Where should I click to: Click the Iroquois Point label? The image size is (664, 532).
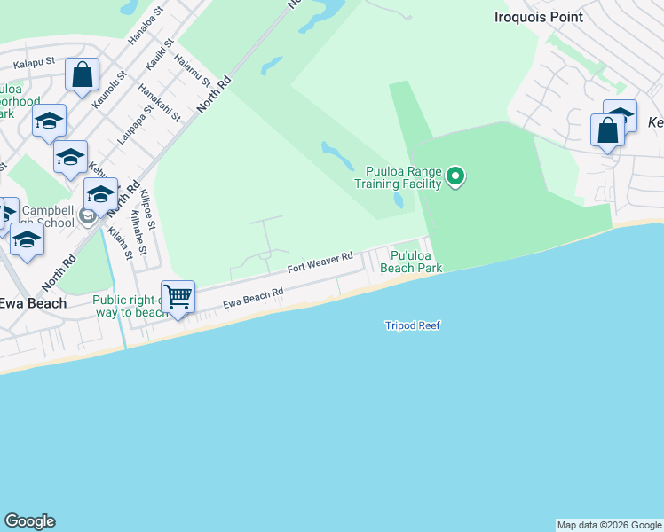click(x=539, y=17)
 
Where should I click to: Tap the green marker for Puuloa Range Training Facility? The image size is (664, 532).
click(x=455, y=176)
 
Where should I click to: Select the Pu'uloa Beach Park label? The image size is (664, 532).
click(x=411, y=260)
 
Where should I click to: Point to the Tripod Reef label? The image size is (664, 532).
click(x=413, y=325)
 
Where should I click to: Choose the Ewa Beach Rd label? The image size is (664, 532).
click(x=253, y=297)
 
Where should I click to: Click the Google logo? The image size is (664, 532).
click(x=29, y=521)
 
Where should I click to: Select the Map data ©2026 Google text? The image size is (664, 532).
click(x=609, y=525)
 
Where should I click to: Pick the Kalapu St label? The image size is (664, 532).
click(x=35, y=63)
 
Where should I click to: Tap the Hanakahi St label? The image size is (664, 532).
click(x=160, y=102)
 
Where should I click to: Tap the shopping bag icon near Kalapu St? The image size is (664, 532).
click(x=83, y=75)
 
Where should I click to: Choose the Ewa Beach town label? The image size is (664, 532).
click(x=33, y=303)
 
